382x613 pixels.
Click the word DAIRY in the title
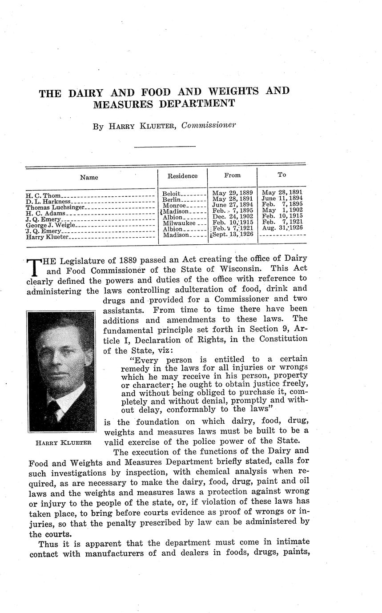click(x=85, y=93)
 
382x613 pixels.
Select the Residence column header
click(x=182, y=176)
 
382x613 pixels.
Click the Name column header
click(x=89, y=177)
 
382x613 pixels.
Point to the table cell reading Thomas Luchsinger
click(x=54, y=207)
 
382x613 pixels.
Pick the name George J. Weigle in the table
click(x=51, y=226)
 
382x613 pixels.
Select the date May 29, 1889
click(x=233, y=193)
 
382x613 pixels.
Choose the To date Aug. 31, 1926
click(x=282, y=227)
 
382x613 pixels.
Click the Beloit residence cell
click(x=172, y=194)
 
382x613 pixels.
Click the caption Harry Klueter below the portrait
click(x=63, y=442)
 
